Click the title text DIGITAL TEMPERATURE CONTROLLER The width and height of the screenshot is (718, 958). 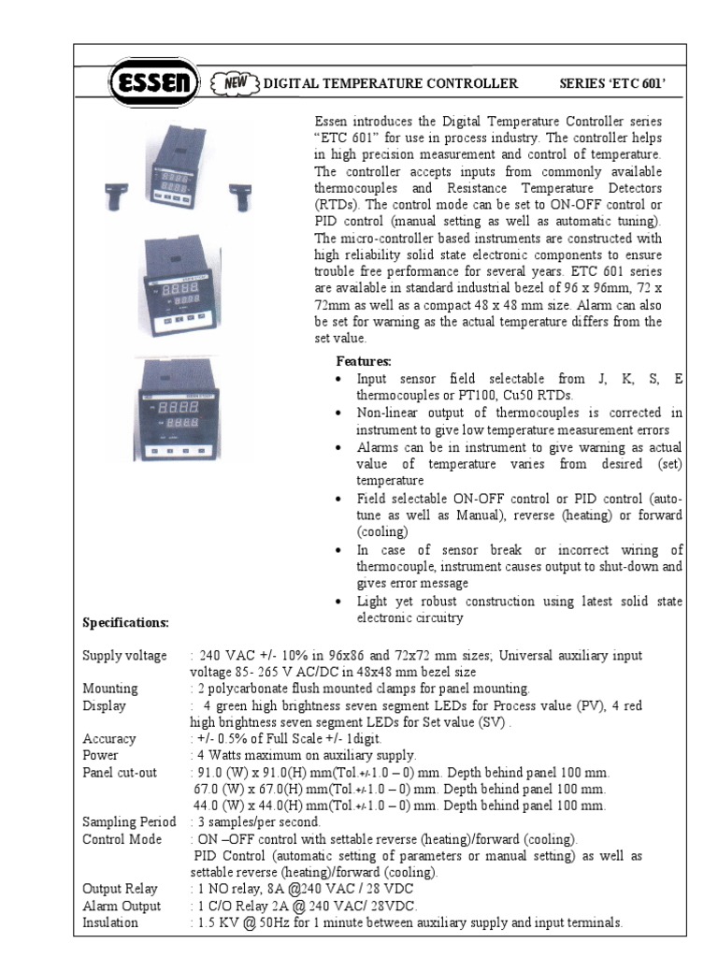click(391, 84)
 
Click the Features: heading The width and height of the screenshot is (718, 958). click(364, 361)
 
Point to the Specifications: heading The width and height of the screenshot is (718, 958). click(126, 622)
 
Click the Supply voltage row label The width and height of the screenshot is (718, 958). click(124, 656)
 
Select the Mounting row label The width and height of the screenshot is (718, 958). click(110, 689)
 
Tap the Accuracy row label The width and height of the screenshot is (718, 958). click(109, 739)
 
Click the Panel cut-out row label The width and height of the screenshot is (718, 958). click(120, 772)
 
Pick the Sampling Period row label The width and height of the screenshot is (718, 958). click(129, 822)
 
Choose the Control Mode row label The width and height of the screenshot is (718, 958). click(122, 839)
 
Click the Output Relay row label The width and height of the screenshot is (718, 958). click(120, 889)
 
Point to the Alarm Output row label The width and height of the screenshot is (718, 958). click(122, 906)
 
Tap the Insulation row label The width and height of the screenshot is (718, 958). click(110, 922)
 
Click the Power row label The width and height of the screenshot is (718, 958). click(100, 755)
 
